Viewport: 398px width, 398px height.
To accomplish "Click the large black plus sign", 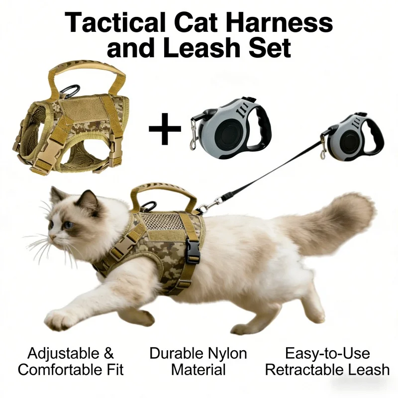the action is tap(165, 129).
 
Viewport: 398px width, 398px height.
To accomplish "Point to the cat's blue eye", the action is tap(68, 224).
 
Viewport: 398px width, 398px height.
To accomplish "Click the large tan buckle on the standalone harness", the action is tap(49, 152).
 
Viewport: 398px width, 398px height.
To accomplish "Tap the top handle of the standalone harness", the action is tap(86, 69).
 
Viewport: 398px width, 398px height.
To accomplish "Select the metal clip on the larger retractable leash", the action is tap(194, 134).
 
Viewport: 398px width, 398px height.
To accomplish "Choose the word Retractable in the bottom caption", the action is tap(304, 370).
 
